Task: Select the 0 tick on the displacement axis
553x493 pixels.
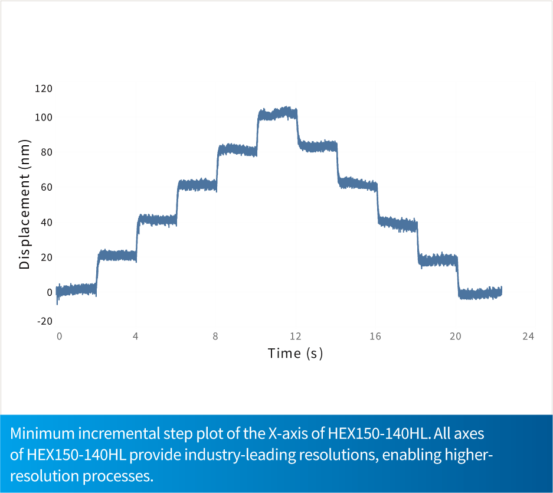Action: [x=50, y=292]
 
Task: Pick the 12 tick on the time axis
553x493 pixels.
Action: [x=295, y=336]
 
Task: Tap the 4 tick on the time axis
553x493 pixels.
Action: [x=136, y=336]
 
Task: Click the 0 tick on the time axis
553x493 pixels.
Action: [x=59, y=336]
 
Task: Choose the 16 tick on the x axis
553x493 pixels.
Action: [x=375, y=336]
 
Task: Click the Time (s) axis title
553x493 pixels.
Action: [x=295, y=354]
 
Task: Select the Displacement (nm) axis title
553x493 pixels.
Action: [x=25, y=204]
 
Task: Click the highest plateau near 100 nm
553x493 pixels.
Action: [x=277, y=114]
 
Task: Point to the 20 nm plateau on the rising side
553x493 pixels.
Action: [x=117, y=256]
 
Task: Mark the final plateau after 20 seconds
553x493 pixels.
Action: [x=480, y=293]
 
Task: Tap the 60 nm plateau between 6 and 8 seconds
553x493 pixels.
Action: [x=197, y=185]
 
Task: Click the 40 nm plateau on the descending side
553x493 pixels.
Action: [x=397, y=224]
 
